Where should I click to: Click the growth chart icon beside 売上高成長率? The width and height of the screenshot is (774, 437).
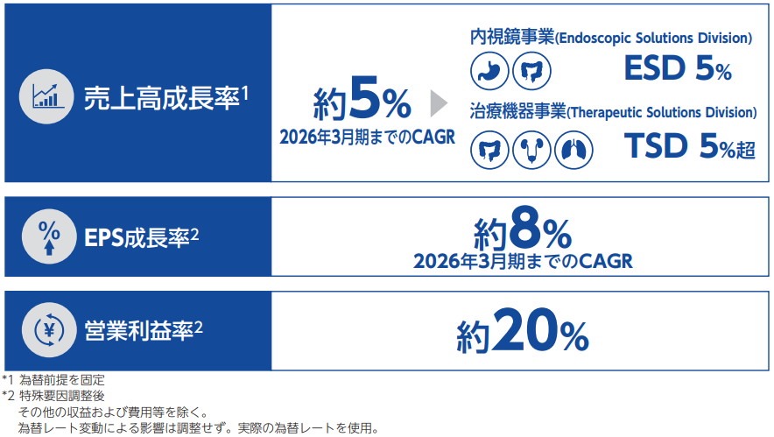point(46,96)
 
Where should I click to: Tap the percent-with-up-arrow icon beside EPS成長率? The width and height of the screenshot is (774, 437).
point(49,236)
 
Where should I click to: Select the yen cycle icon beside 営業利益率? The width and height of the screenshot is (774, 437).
point(49,330)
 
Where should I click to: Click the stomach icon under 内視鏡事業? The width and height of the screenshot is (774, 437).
point(489,71)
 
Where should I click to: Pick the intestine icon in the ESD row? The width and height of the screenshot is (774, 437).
point(531,71)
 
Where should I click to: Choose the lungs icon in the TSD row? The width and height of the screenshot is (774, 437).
point(573,150)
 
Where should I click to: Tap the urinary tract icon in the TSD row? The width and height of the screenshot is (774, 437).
point(531,150)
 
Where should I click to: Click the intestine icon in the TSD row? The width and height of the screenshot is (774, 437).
point(489,150)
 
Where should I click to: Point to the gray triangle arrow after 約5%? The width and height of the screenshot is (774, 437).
point(439,103)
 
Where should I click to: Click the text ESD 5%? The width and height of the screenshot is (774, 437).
point(678,68)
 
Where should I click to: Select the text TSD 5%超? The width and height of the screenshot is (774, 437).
point(690,146)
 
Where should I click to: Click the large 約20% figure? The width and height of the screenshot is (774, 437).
point(523,330)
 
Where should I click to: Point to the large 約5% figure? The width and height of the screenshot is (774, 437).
point(362,98)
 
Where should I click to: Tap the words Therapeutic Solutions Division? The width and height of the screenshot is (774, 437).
point(662,113)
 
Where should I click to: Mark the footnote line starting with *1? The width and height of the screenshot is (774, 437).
point(53,380)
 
